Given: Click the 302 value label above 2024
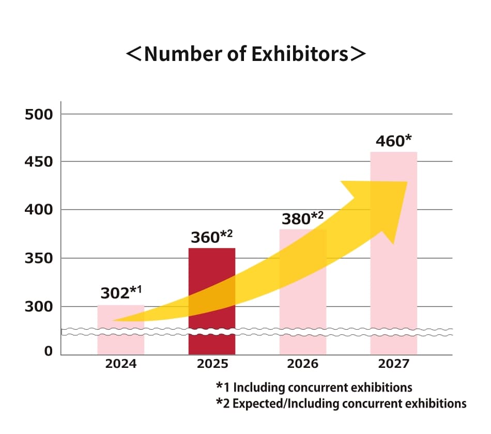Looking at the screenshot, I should coord(115,293).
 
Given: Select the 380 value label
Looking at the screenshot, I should coord(297,219).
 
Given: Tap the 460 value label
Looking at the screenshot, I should coord(390,141).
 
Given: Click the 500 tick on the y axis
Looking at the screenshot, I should coord(39,114).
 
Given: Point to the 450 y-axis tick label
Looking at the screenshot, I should coord(39,162).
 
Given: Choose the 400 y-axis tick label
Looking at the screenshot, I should coord(39,210).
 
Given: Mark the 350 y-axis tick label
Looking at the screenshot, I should coord(39,258).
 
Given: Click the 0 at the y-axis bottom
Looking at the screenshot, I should coord(49,352).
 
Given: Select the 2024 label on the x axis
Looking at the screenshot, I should coord(121,364).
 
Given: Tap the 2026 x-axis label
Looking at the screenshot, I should coord(303,364).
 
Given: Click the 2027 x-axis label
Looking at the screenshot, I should coord(394,364).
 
